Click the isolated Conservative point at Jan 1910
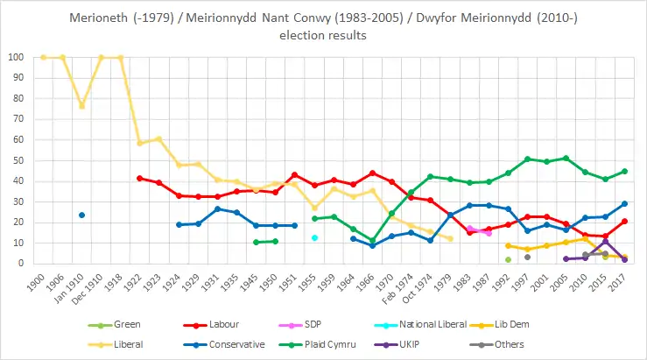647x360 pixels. (81, 215)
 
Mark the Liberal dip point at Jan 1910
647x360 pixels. (81, 106)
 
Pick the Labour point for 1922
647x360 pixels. (139, 178)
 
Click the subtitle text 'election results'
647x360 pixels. (322, 36)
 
